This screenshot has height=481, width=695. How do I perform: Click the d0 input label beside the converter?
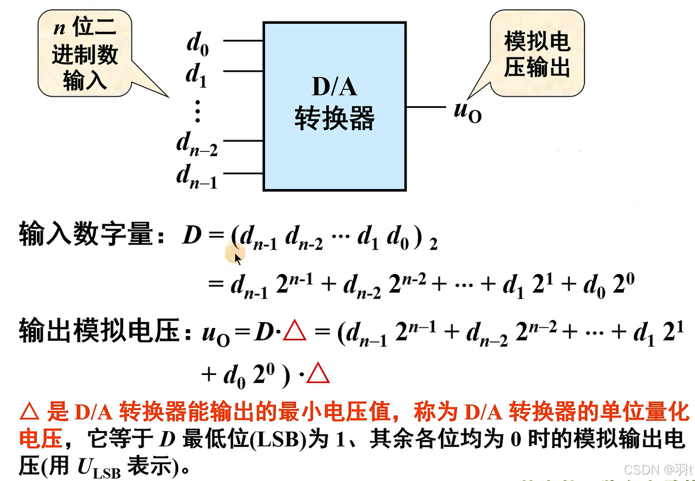click(x=197, y=46)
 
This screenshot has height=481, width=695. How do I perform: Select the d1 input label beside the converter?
click(x=196, y=76)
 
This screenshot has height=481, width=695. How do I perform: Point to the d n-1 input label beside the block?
click(x=197, y=176)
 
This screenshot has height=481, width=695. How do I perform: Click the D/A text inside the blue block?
click(x=334, y=87)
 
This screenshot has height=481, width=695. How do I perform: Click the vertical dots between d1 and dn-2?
click(x=197, y=111)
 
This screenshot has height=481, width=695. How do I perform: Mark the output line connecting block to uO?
click(x=426, y=107)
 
